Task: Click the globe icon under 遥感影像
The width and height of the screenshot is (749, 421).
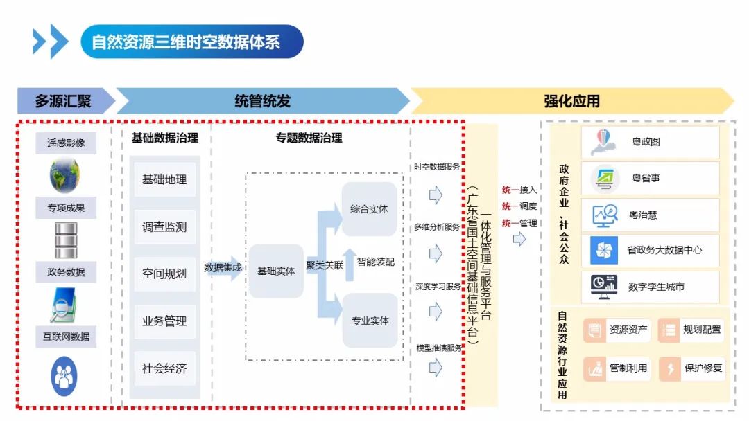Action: (x=64, y=175)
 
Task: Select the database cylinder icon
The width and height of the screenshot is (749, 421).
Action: (x=66, y=239)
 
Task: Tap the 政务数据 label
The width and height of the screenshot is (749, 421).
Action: (x=66, y=272)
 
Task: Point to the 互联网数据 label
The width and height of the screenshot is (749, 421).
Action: (x=66, y=337)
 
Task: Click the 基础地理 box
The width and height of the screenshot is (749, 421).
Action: (x=164, y=180)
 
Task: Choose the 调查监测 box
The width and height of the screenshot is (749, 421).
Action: (x=164, y=227)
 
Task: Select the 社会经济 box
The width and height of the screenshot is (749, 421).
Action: (x=164, y=368)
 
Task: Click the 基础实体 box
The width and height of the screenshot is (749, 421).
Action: (x=276, y=271)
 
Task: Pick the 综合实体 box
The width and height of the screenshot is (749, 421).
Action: (x=370, y=208)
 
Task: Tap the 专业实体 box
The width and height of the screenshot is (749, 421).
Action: (x=370, y=321)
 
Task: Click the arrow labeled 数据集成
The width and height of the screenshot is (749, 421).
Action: (x=223, y=268)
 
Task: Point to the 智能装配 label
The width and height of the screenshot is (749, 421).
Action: (x=375, y=262)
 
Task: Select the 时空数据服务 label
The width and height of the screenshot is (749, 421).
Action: (x=437, y=167)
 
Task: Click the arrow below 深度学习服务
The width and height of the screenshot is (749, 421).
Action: (x=436, y=312)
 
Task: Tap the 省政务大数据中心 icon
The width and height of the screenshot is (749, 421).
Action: (x=604, y=250)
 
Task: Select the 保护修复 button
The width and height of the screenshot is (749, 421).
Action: (x=703, y=368)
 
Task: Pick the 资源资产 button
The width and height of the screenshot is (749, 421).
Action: (x=628, y=330)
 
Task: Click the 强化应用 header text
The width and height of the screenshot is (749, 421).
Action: (x=571, y=101)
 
